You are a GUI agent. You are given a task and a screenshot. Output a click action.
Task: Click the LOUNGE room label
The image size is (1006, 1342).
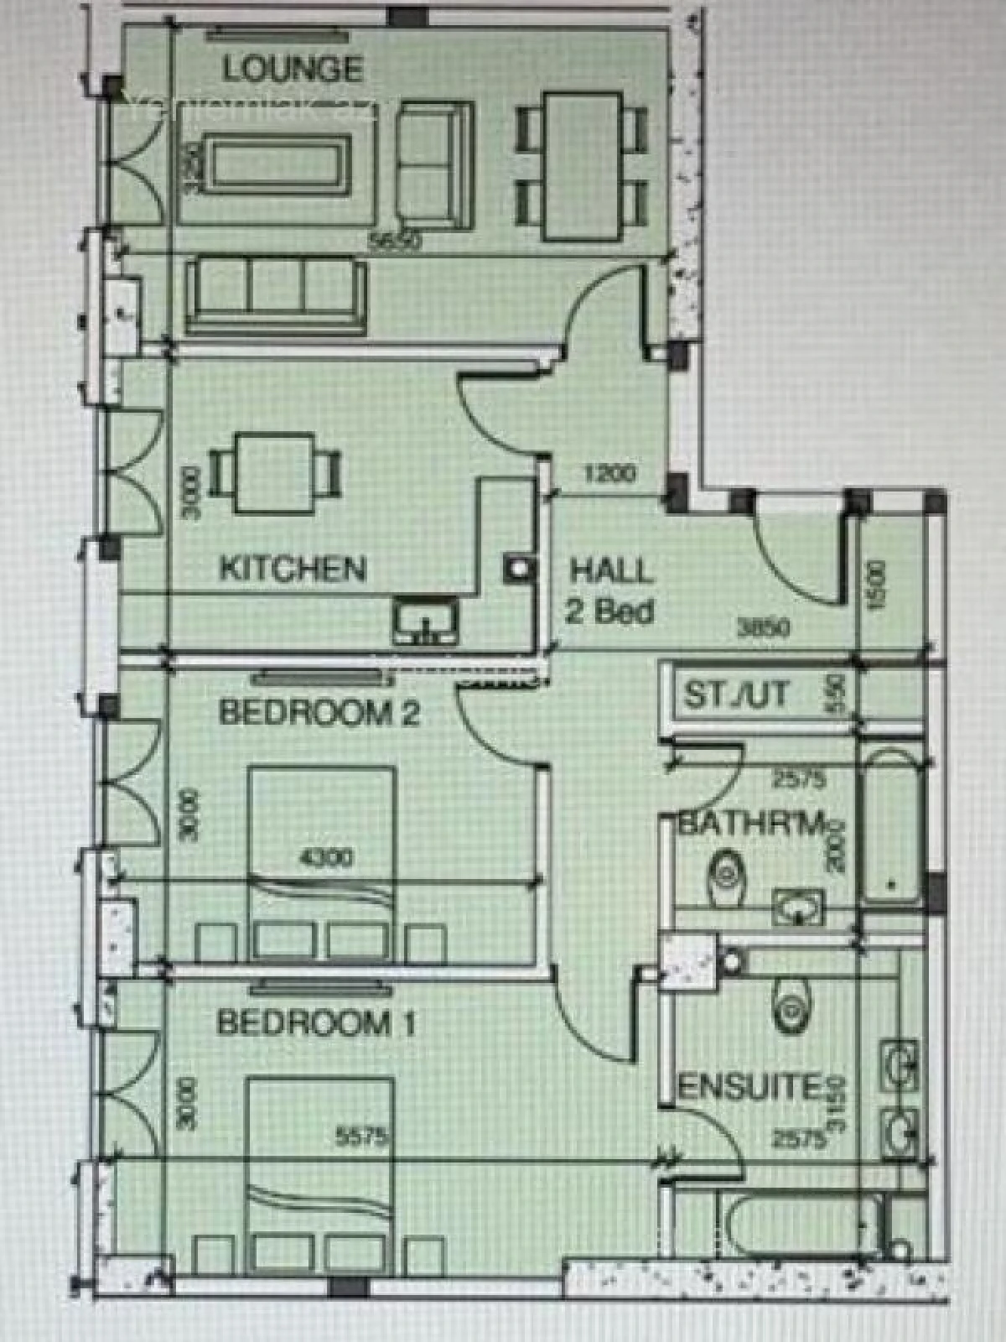pos(293,69)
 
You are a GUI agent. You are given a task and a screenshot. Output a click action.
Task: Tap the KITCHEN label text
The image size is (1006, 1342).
pos(293,569)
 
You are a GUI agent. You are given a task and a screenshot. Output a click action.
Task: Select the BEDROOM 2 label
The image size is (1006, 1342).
pos(319,713)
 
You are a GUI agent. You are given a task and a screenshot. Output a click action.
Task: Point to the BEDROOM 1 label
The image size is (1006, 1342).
pos(316,1023)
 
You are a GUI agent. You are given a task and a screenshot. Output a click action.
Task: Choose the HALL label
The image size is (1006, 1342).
pos(610,571)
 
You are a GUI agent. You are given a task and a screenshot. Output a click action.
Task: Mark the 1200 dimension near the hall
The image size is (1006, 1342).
pos(609,474)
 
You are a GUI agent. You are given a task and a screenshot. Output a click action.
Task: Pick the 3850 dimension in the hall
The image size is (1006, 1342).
pos(763,627)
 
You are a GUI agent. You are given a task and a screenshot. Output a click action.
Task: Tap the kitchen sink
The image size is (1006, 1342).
pos(426,622)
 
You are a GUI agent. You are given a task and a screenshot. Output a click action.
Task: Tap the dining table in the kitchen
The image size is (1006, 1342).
pos(275,471)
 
